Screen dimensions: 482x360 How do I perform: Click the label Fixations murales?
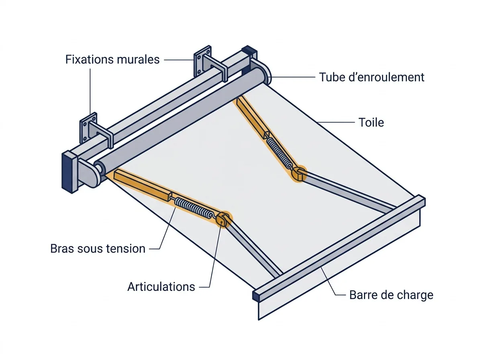point(112,59)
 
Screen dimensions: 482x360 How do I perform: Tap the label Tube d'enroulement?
point(372,77)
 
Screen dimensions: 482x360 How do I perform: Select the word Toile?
point(371,122)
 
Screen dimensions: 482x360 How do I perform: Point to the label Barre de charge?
point(391,295)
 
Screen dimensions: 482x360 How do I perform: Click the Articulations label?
point(161,286)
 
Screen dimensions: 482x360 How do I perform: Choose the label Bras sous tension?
point(98,249)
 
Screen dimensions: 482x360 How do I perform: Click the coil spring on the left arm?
point(194,207)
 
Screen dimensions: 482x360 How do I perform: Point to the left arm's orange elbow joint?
point(223,219)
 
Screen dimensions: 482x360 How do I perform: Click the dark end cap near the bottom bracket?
point(69,172)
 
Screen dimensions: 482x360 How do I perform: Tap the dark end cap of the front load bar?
point(256,296)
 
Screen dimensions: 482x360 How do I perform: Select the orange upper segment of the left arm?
point(142,184)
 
